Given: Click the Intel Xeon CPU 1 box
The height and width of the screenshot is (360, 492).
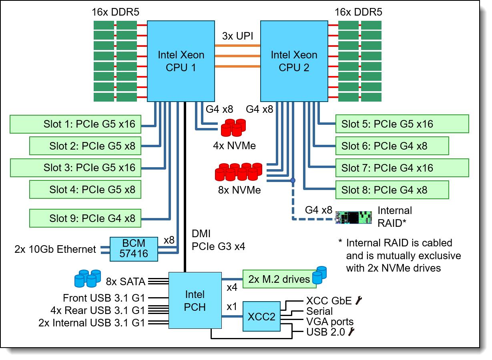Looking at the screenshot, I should (181, 61).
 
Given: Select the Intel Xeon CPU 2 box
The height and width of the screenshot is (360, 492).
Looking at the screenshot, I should (294, 61).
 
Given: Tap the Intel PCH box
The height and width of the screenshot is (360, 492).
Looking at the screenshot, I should (195, 301).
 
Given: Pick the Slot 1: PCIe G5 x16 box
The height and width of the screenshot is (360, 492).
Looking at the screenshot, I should (75, 124).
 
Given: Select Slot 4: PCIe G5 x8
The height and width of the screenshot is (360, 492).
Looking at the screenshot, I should (85, 189).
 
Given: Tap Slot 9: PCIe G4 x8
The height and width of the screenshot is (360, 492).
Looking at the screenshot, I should (85, 218).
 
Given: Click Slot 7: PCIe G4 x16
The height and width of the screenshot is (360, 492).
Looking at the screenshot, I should (402, 168).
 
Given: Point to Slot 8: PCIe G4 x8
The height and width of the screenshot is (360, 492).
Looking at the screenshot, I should (392, 190).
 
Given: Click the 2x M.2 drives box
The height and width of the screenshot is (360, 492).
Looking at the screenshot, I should (279, 279).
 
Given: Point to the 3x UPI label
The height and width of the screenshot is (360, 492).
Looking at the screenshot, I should (238, 36).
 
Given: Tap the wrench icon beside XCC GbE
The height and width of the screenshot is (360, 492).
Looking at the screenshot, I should (359, 300).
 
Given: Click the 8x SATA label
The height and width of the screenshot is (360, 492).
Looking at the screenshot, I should (126, 282).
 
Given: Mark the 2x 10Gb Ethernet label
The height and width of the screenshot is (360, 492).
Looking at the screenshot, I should (55, 250).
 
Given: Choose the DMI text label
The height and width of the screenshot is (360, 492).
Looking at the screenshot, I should (201, 234).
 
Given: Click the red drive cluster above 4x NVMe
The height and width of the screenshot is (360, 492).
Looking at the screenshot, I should (233, 127).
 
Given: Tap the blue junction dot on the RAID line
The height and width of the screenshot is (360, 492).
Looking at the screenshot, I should (293, 180).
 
